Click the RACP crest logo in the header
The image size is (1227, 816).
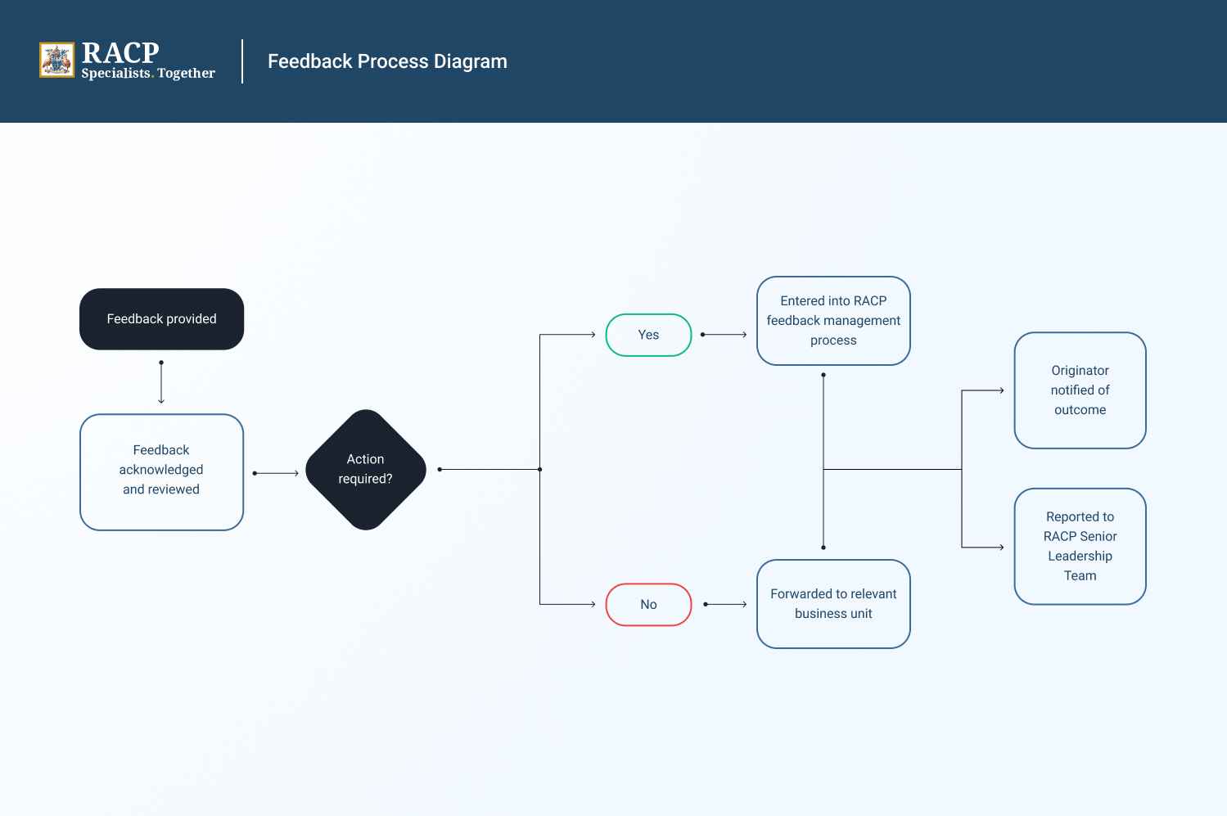tap(56, 61)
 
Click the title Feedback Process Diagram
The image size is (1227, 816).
tap(387, 61)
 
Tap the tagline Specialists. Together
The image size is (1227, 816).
tap(148, 74)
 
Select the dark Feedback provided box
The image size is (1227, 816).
tap(161, 319)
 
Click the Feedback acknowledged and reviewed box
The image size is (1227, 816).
tap(161, 471)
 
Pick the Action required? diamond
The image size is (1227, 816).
tap(366, 470)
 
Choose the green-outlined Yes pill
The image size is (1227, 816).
tap(648, 335)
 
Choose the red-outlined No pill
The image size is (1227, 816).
tap(648, 605)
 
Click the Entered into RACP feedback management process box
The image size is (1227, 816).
tap(833, 321)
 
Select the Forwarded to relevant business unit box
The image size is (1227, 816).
tap(833, 604)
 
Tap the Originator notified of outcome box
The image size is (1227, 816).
tap(1080, 390)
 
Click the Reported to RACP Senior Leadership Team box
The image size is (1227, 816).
tap(1080, 547)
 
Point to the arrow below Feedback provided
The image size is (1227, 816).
tap(161, 382)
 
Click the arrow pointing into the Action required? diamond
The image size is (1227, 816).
tap(277, 473)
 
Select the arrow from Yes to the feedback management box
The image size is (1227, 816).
tap(724, 335)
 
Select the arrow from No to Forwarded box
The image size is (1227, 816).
tap(725, 605)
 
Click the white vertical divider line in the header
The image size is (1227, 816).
tap(242, 61)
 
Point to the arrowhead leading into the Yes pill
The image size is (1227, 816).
tap(592, 335)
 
